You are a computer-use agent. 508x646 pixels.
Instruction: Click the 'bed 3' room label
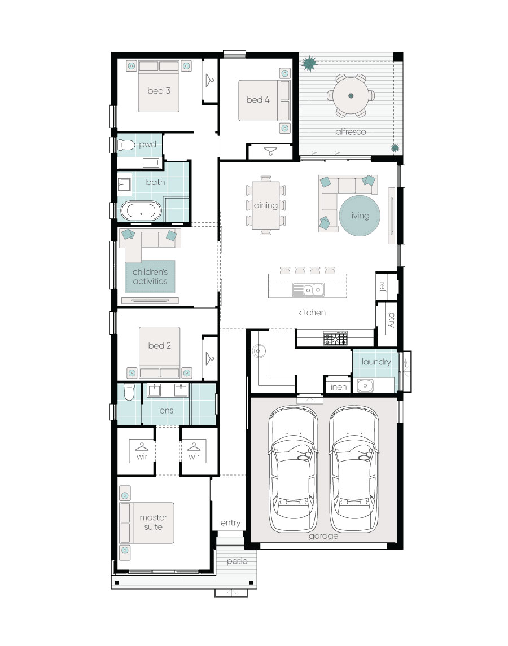click(x=159, y=91)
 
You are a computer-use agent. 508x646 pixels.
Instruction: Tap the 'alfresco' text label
click(x=351, y=132)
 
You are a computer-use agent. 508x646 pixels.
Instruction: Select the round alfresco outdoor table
click(x=351, y=96)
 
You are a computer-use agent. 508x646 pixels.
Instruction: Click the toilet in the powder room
click(x=126, y=144)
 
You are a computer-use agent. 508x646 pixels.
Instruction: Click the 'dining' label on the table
click(x=265, y=205)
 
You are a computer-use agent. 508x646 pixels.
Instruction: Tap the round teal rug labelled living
click(x=360, y=216)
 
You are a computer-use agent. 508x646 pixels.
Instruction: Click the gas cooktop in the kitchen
click(x=335, y=339)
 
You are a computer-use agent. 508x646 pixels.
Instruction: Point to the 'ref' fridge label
click(x=382, y=287)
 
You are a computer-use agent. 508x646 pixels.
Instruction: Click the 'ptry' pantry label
click(x=391, y=320)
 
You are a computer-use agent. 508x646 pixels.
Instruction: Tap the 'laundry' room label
click(x=376, y=362)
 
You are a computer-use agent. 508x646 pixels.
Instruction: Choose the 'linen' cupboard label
click(x=338, y=387)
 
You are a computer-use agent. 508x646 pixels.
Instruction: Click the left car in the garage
click(x=293, y=468)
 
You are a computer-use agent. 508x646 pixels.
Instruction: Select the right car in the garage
click(x=354, y=468)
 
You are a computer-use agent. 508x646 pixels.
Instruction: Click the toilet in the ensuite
click(x=129, y=392)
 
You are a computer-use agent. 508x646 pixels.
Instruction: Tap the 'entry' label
click(x=230, y=523)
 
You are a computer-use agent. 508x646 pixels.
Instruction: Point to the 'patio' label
click(x=237, y=561)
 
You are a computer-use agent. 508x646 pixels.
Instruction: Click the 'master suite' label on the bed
click(x=153, y=522)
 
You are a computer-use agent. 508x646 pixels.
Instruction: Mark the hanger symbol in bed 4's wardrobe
click(x=270, y=151)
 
